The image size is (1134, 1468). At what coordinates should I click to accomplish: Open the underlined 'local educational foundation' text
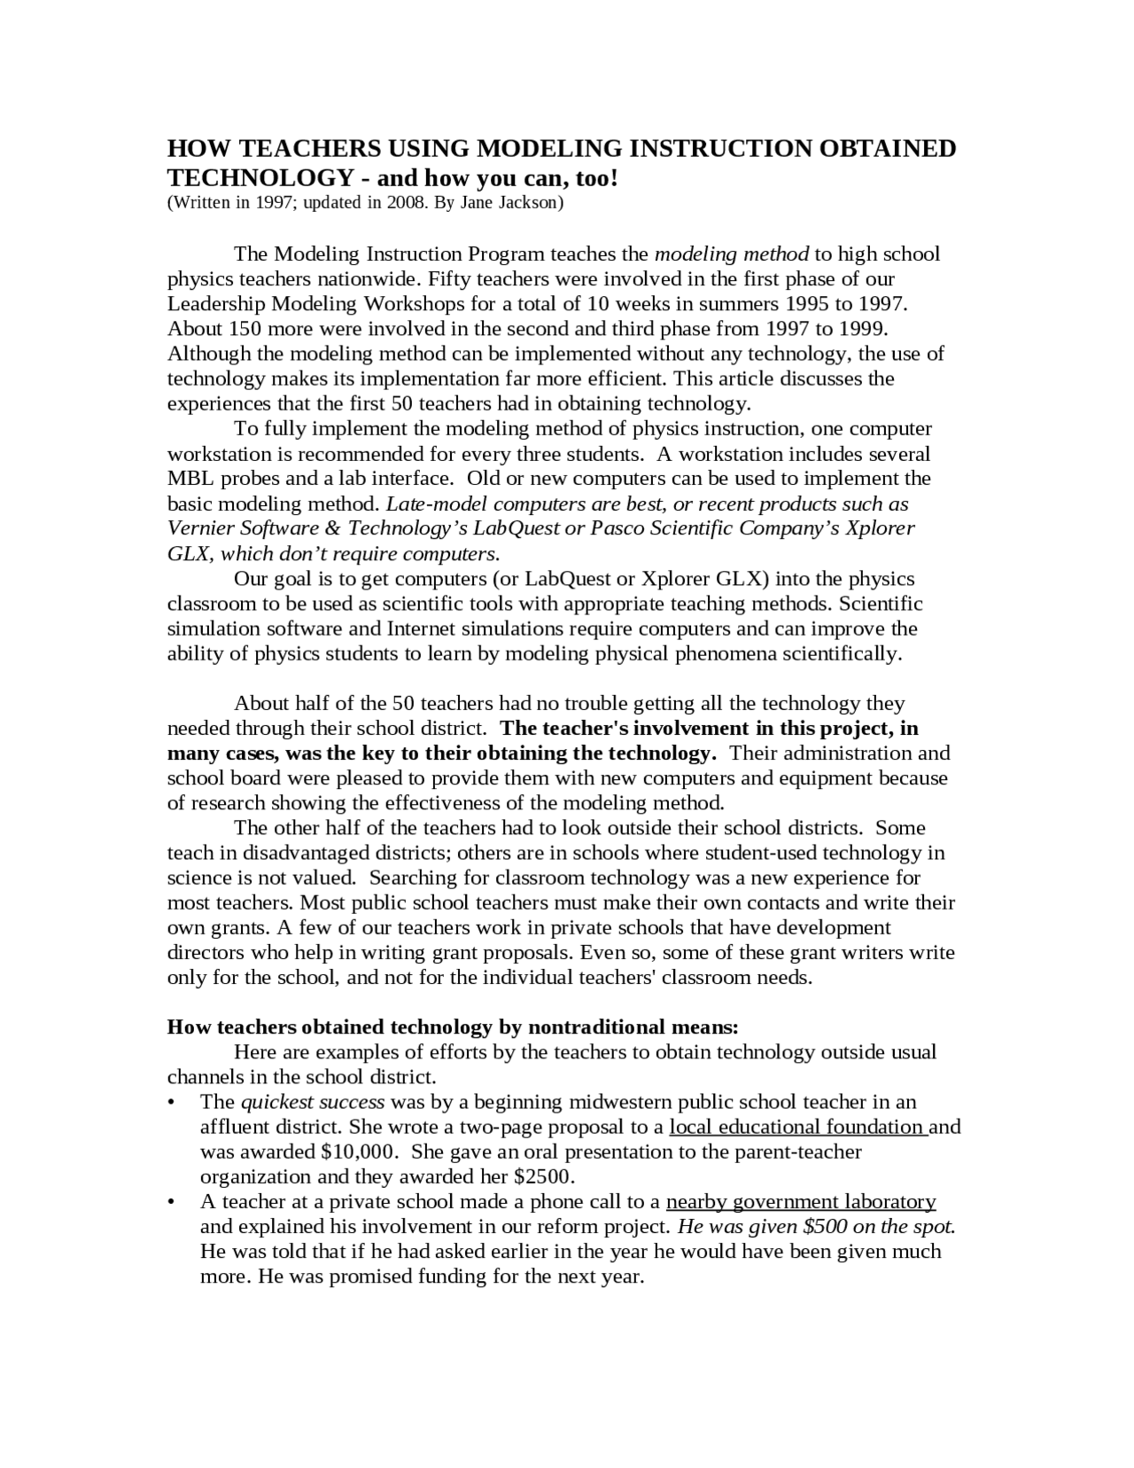click(797, 1127)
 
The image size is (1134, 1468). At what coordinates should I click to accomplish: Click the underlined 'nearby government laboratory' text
click(801, 1202)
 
